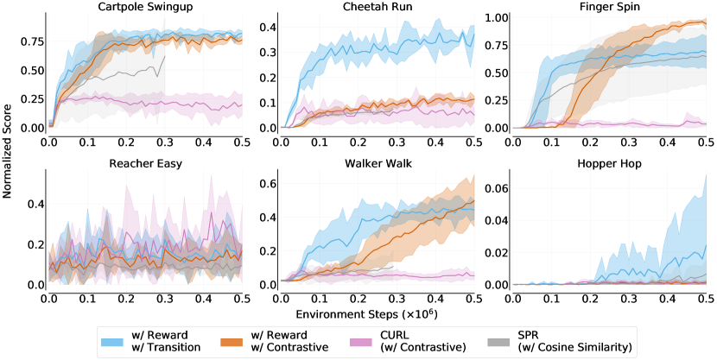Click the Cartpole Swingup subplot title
click(144, 6)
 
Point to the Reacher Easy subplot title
click(144, 164)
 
